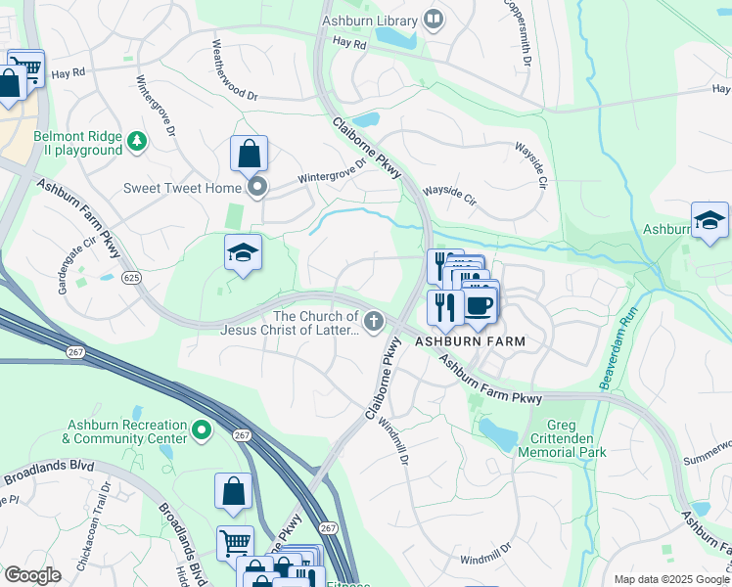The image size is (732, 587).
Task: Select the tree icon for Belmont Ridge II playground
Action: pyautogui.click(x=137, y=143)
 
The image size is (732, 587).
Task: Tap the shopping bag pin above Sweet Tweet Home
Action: pyautogui.click(x=249, y=155)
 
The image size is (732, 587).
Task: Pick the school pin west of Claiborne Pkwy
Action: pyautogui.click(x=243, y=254)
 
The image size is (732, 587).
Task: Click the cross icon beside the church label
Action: pyautogui.click(x=373, y=321)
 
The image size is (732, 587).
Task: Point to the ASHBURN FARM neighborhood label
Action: pyautogui.click(x=470, y=341)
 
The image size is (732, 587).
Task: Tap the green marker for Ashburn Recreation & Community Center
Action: pyautogui.click(x=202, y=429)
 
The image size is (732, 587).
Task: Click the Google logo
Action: pyautogui.click(x=32, y=574)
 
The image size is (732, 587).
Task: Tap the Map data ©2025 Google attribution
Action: pyautogui.click(x=670, y=579)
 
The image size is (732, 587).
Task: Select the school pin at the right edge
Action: pyautogui.click(x=709, y=221)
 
